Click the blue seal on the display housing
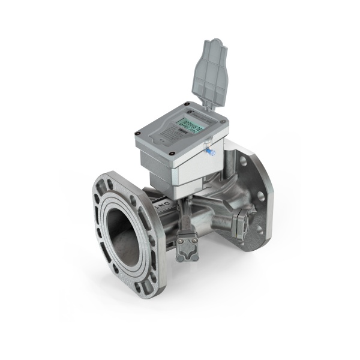point(210,152)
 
